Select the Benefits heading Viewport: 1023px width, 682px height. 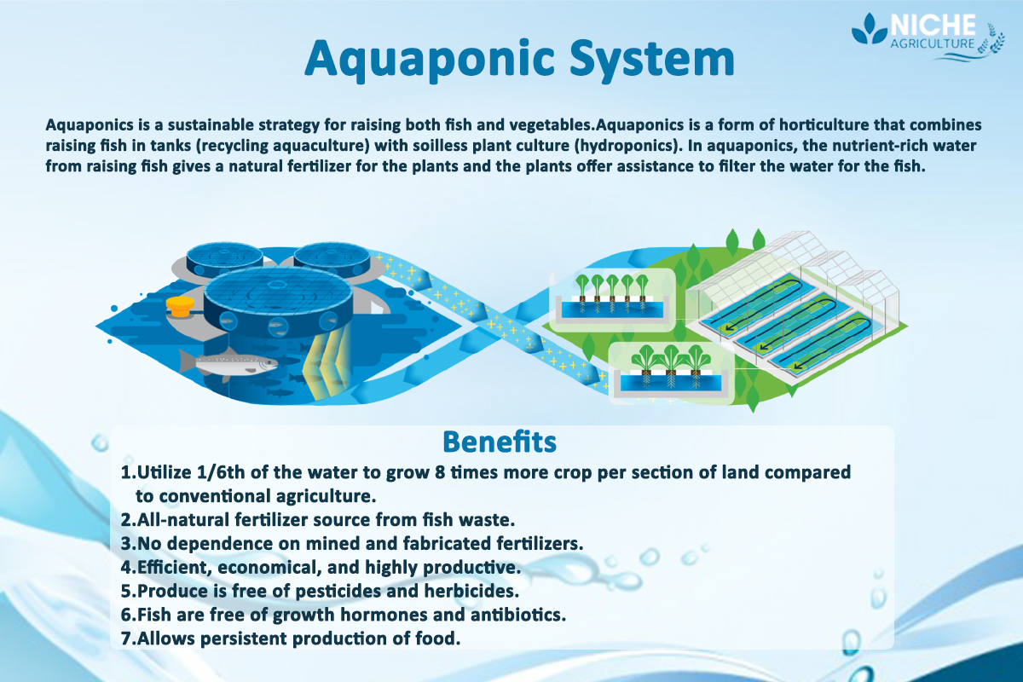pyautogui.click(x=500, y=442)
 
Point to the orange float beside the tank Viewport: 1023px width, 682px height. pyautogui.click(x=181, y=306)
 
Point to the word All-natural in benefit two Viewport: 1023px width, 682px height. pyautogui.click(x=180, y=519)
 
